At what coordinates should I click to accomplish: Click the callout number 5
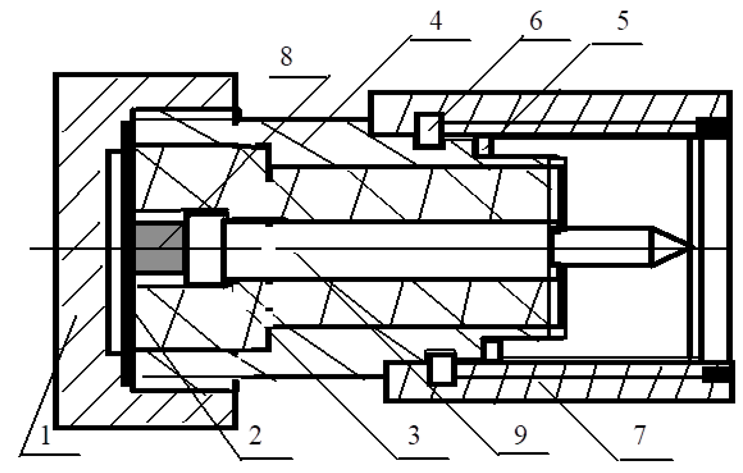623,21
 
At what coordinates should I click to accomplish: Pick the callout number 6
535,21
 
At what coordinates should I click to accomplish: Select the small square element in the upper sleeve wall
429,130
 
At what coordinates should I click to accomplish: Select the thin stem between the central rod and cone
601,247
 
